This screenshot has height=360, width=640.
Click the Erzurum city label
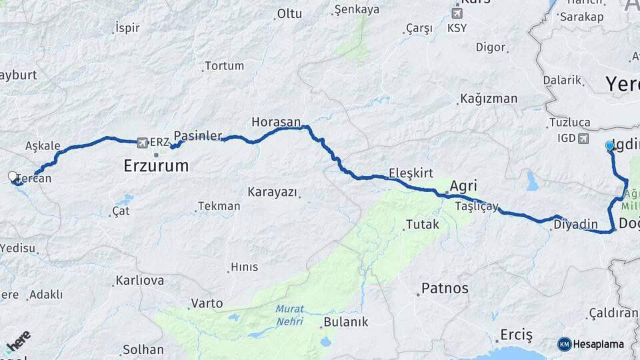coord(156,166)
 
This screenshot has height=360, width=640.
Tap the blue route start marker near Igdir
coord(609,145)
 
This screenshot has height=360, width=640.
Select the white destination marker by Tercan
coord(13,177)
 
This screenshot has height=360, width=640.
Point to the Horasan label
coord(273,122)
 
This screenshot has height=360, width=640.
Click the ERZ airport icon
coord(141,142)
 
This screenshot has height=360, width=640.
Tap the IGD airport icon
coord(584,138)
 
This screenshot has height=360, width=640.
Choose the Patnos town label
coord(445,289)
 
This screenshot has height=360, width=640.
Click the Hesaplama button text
coord(599,344)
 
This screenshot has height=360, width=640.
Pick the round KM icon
coord(565,344)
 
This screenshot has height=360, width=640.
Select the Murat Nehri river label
coord(289,315)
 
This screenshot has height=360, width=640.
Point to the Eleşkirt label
coord(411,173)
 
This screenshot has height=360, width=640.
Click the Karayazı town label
coord(271,192)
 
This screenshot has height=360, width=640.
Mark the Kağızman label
coord(489,99)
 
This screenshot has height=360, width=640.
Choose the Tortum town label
coord(224,66)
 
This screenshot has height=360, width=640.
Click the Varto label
coord(207,303)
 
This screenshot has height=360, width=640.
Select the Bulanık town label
coord(345,322)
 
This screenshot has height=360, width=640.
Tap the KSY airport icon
coord(457,13)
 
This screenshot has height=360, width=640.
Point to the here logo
coord(18,341)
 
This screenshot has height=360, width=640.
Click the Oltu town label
coord(289,13)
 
